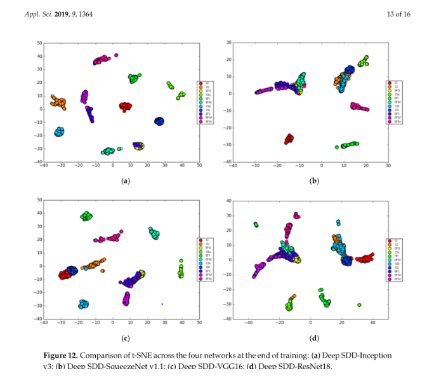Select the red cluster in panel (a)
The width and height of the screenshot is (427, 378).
(126, 107)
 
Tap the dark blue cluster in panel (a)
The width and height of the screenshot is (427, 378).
(159, 121)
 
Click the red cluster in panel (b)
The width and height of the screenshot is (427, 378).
(289, 138)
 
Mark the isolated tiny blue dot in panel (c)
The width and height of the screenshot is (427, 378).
(162, 304)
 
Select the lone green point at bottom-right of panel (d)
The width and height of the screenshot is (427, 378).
(359, 305)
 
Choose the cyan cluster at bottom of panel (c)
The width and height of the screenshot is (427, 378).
(83, 304)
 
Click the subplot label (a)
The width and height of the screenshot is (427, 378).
(125, 181)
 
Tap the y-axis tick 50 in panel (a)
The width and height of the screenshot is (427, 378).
(39, 43)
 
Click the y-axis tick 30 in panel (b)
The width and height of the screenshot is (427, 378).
(229, 43)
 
